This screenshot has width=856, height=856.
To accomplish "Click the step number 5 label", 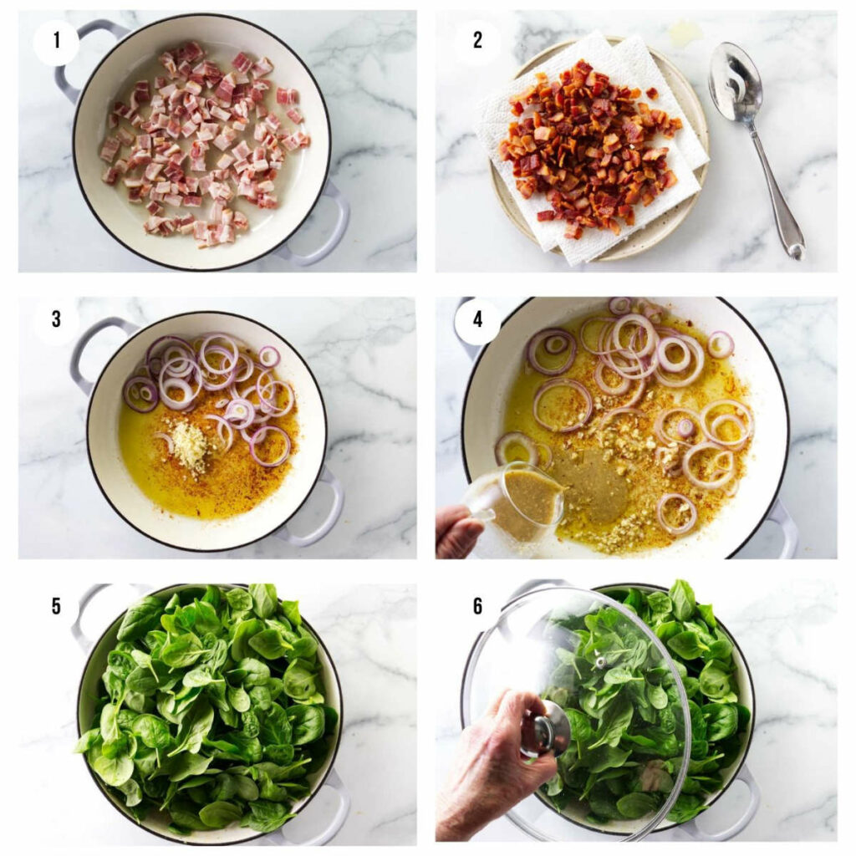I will coord(55,605).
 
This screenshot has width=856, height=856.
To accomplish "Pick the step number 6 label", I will coord(477,605).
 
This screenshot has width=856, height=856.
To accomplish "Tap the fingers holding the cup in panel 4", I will coord(458,531).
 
